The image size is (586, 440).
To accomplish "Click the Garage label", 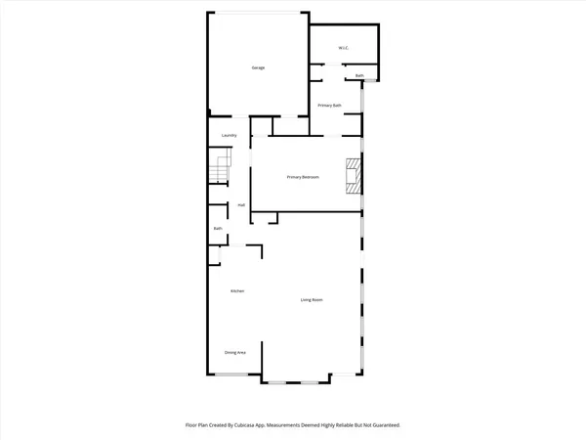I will pos(259,67).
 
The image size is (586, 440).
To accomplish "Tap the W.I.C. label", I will pos(344,47).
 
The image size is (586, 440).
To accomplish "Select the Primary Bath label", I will pos(330,105).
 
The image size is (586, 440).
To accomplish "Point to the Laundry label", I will pos(230,135).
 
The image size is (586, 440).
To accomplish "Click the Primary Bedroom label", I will pos(304,177).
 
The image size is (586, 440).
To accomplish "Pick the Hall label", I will pos(240,205).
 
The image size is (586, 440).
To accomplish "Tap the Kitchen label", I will pos(236,291).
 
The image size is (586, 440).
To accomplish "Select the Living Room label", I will pos(312,299).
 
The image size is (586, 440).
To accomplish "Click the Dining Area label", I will pos(235,352).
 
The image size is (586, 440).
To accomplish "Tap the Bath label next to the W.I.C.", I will pos(359,75).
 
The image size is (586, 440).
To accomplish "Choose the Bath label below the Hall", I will pos(219,229).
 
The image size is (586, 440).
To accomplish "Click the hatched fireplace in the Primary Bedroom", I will pos(352,176).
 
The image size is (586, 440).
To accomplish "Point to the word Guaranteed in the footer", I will pos(382,425).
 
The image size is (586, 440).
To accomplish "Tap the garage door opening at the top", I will pos(259,13).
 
